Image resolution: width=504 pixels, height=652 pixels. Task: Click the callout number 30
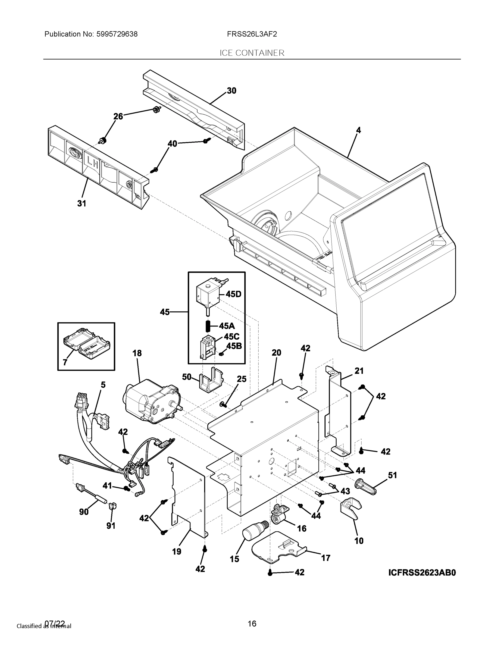coord(231,91)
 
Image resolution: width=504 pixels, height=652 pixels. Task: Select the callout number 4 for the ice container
coord(358,130)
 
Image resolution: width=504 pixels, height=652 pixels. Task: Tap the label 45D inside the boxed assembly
coord(233,294)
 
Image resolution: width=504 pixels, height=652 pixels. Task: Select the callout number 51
coord(392,475)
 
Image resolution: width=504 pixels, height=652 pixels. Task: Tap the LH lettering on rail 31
coord(93,163)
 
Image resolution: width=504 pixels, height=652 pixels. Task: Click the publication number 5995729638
coord(117,34)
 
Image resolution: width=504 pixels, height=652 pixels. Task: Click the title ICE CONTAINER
coord(252,53)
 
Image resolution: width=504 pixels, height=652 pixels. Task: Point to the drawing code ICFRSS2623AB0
coord(422,573)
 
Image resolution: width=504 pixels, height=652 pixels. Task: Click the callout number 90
coord(84,512)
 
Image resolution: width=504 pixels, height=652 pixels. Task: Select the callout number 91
coord(111,525)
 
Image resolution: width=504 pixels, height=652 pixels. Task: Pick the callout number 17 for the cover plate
coord(325,558)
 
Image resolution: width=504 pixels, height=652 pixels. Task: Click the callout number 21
coord(359,371)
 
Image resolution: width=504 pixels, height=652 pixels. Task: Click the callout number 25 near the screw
coord(242,379)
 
